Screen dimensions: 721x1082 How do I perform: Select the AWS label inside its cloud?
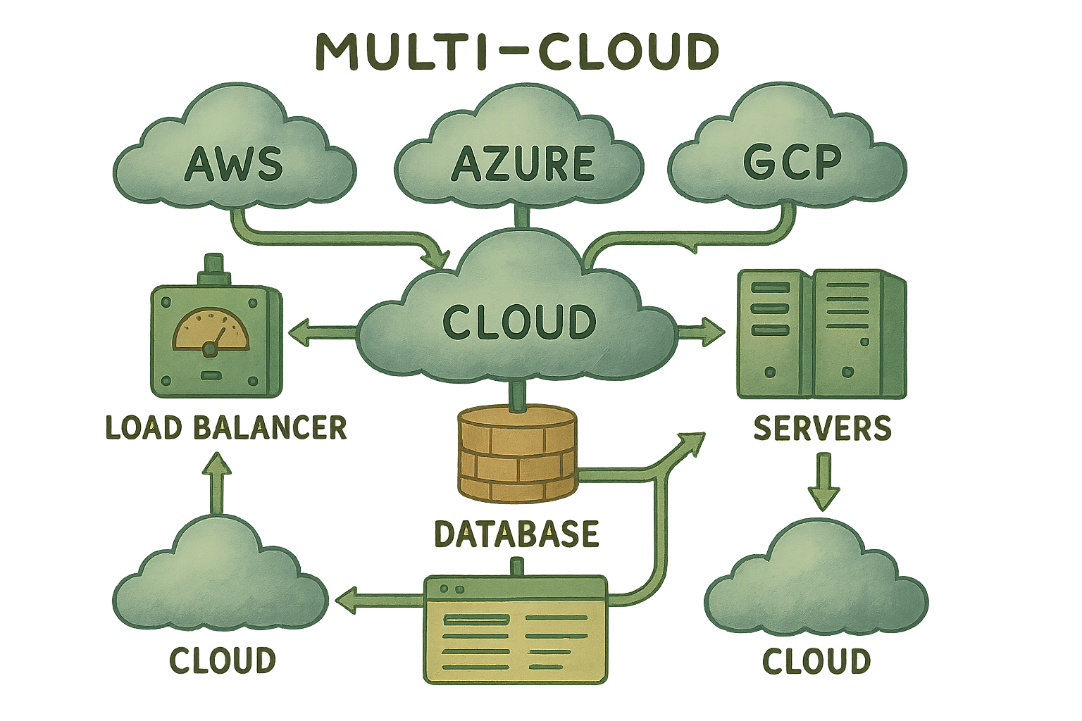click(x=233, y=163)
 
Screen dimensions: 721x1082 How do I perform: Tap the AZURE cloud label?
click(x=522, y=163)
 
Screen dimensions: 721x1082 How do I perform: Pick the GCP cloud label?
click(x=792, y=161)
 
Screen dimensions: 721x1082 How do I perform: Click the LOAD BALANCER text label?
click(x=225, y=427)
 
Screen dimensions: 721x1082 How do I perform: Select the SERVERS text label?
click(x=822, y=428)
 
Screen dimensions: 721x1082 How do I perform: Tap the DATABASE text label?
click(x=516, y=534)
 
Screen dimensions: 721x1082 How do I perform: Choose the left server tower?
click(x=773, y=334)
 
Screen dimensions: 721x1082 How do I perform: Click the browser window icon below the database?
click(x=515, y=629)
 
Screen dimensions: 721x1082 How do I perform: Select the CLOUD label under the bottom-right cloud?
click(x=816, y=661)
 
